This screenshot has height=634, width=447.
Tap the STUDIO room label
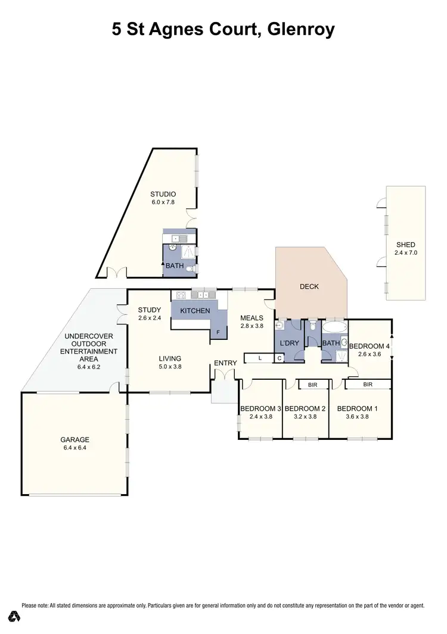[163, 194]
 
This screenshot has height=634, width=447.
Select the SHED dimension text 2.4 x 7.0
[406, 253]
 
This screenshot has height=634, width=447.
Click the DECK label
[309, 286]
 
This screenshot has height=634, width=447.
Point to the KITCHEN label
[195, 311]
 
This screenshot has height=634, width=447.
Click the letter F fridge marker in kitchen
[218, 332]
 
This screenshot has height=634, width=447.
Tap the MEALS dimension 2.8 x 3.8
[252, 326]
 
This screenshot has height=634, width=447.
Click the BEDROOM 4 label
[368, 346]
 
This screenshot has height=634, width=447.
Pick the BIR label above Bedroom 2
[312, 385]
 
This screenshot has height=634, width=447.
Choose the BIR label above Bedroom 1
[367, 385]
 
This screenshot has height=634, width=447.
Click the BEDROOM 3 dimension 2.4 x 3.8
[260, 417]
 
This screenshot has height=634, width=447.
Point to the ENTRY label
[225, 363]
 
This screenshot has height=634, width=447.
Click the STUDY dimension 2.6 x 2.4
[150, 318]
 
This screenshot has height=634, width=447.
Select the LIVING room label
[170, 358]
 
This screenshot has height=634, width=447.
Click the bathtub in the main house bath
[334, 327]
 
